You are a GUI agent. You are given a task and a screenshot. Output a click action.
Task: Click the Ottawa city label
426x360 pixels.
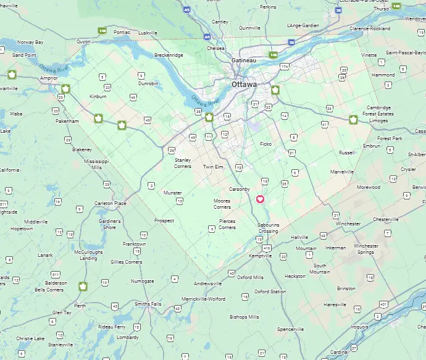click(x=244, y=84)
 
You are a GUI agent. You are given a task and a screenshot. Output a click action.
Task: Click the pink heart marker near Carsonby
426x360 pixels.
click(x=260, y=199)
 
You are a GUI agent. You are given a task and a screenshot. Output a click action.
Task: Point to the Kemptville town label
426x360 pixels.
click(x=260, y=256)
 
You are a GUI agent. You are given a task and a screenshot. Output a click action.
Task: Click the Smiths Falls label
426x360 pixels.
click(x=148, y=304)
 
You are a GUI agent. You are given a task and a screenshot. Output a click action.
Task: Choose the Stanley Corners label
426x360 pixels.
click(x=183, y=163)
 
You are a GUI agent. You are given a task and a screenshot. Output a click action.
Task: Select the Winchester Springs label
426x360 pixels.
click(x=365, y=249)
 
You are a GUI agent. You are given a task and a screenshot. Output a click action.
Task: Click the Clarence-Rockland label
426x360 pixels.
click(x=369, y=28)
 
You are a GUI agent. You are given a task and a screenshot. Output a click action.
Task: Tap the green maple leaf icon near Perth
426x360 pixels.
click(x=82, y=286)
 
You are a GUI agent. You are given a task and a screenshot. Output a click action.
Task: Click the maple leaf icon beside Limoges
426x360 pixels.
click(x=353, y=119)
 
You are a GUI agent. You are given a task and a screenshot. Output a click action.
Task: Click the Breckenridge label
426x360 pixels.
click(x=169, y=55)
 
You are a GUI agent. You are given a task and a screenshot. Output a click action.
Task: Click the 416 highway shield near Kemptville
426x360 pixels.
click(x=267, y=248)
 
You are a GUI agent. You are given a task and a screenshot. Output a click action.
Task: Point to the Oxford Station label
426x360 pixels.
click(x=270, y=291)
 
